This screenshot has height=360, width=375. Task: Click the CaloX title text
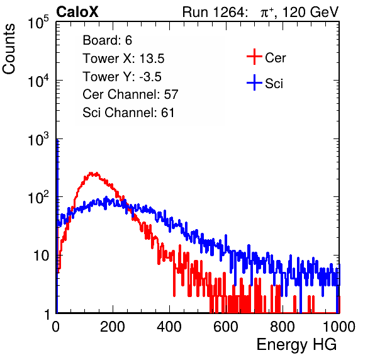pos(77,12)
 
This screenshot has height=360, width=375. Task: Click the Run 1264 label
pos(213,12)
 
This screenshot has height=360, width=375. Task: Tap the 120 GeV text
pos(311,12)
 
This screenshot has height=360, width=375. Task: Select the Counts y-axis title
pos(9,49)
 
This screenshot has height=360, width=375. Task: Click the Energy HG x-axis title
pos(296,345)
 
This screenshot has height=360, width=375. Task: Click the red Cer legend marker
pos(254,57)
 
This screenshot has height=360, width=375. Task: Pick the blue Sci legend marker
pos(254,83)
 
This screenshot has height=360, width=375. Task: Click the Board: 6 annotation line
pos(107,40)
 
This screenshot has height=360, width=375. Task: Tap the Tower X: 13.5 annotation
pos(123,59)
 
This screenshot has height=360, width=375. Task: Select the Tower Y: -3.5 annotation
pos(122,77)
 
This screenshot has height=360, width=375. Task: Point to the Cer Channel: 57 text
pos(130,94)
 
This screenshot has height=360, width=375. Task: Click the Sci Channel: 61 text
pos(128,113)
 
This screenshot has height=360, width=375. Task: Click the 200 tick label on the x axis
pos(113,327)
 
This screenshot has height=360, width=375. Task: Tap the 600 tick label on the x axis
pos(226,327)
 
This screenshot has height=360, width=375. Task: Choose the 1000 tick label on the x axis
pos(339,327)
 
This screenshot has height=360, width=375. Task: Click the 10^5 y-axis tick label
pos(38,23)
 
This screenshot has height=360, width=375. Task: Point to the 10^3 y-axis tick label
pos(38,139)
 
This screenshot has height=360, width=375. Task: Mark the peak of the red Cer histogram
pos(91,172)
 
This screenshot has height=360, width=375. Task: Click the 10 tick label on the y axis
pos(41,256)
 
